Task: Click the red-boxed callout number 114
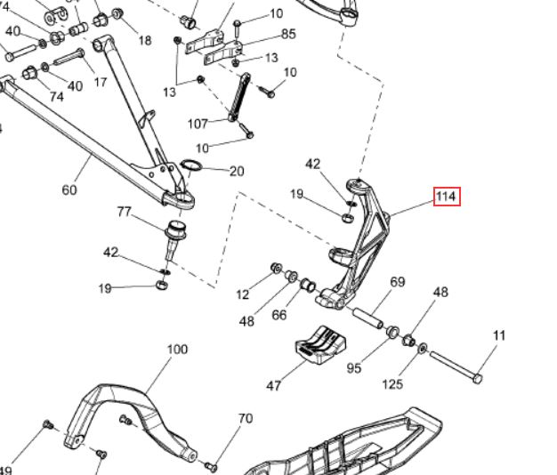(447, 197)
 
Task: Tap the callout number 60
(69, 190)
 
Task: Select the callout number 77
(124, 212)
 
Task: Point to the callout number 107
(198, 124)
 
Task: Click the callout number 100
(177, 350)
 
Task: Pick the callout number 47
(273, 385)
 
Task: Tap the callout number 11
(499, 335)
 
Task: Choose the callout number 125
(392, 383)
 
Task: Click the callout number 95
(354, 368)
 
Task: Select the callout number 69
(398, 282)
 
